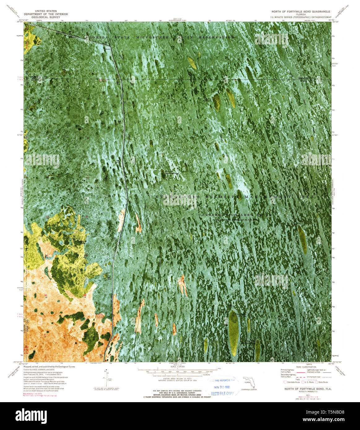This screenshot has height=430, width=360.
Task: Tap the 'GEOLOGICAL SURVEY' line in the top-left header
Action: (x=46, y=17)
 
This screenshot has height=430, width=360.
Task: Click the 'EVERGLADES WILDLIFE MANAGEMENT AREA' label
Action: (x=234, y=197)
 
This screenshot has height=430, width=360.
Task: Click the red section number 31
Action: (x=46, y=296)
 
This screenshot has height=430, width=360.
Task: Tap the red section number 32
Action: (x=85, y=295)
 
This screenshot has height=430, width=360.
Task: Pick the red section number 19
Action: (x=47, y=217)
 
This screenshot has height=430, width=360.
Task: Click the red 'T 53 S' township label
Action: (x=99, y=317)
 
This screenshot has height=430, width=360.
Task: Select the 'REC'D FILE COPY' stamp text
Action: (x=222, y=393)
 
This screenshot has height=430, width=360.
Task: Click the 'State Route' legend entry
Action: (x=323, y=382)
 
